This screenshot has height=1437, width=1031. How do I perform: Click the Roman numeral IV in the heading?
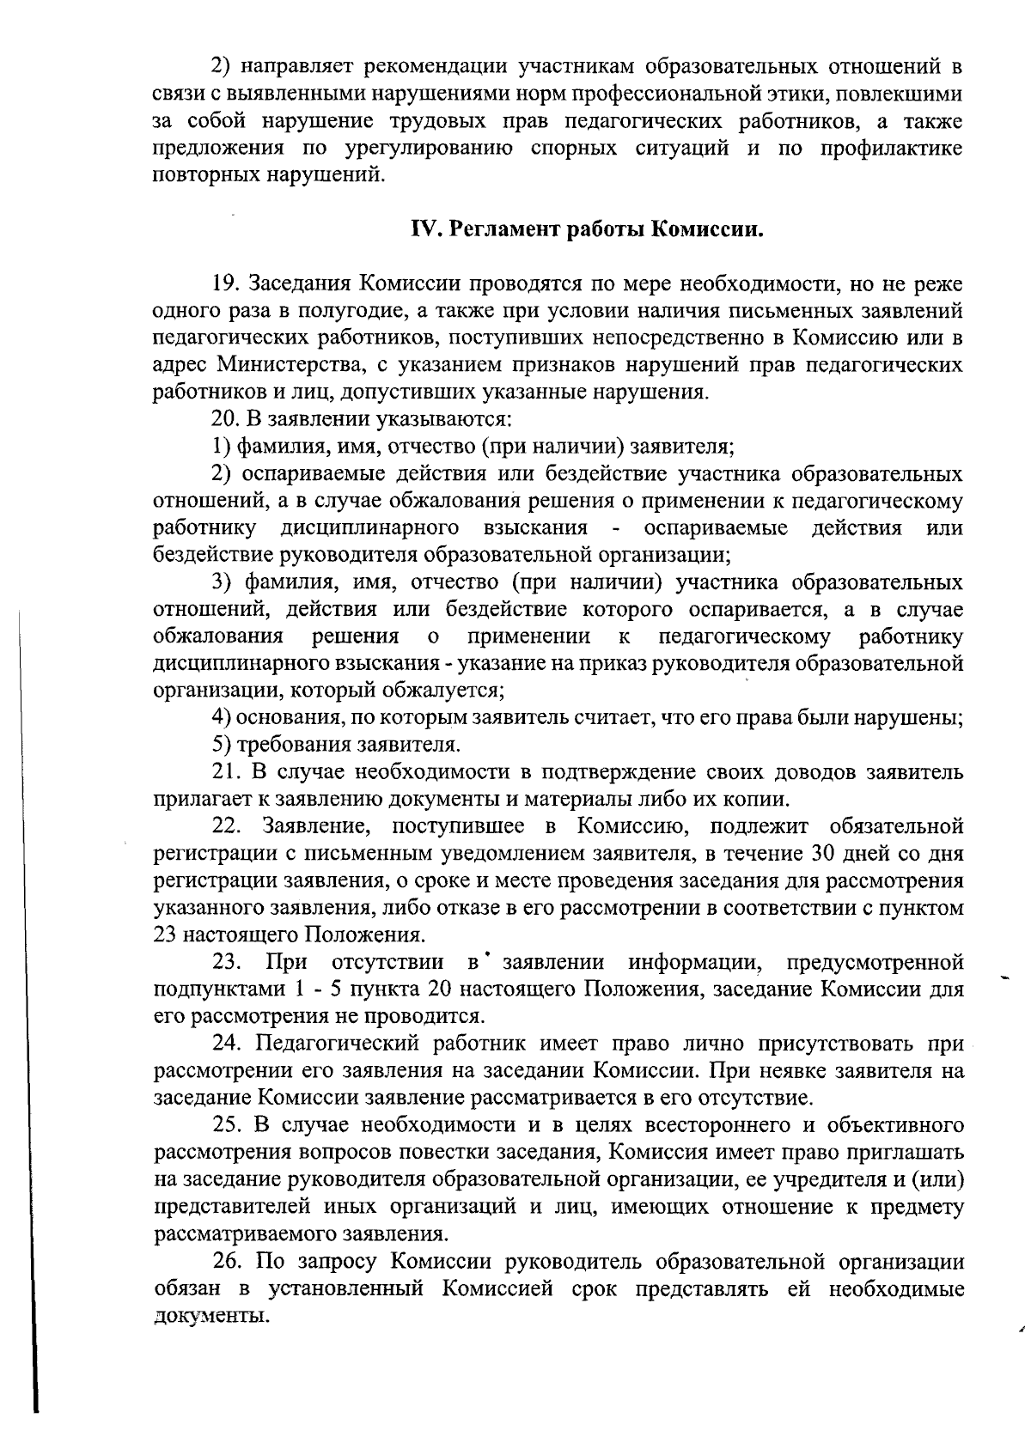[425, 230]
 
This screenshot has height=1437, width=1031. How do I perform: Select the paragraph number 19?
[226, 283]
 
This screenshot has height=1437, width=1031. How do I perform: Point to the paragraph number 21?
[226, 772]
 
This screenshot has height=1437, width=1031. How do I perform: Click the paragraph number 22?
[228, 826]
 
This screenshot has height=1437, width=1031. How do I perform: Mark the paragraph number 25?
[226, 1125]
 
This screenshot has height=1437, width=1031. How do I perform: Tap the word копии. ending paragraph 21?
[757, 800]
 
